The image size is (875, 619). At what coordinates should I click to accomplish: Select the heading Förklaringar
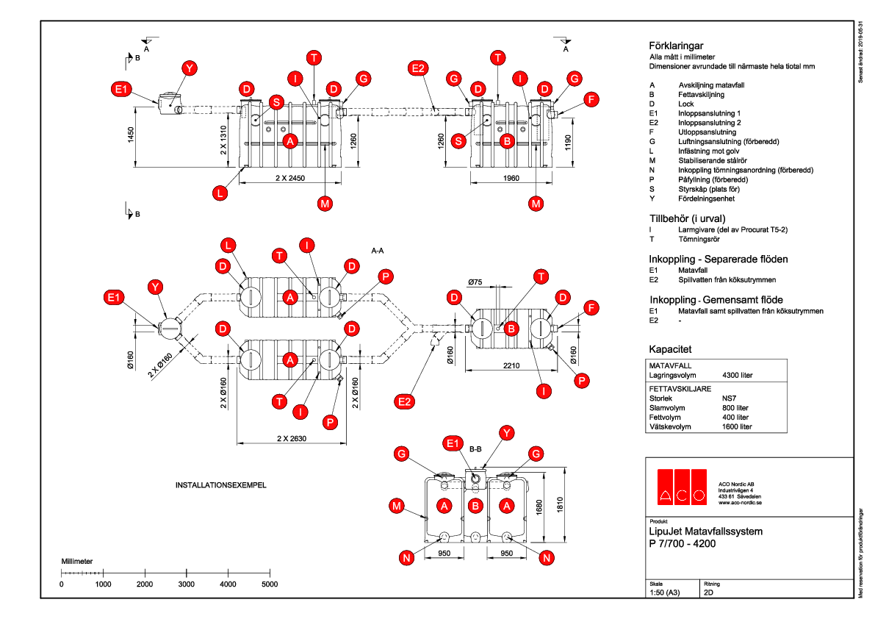(677, 45)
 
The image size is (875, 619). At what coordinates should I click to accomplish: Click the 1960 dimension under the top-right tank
(511, 178)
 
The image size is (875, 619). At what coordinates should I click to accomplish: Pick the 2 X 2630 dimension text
(292, 439)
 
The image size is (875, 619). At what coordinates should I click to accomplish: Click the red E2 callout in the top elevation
(418, 69)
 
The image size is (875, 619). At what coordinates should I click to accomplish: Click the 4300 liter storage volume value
(738, 375)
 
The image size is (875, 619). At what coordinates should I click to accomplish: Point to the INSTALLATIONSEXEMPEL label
(220, 486)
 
